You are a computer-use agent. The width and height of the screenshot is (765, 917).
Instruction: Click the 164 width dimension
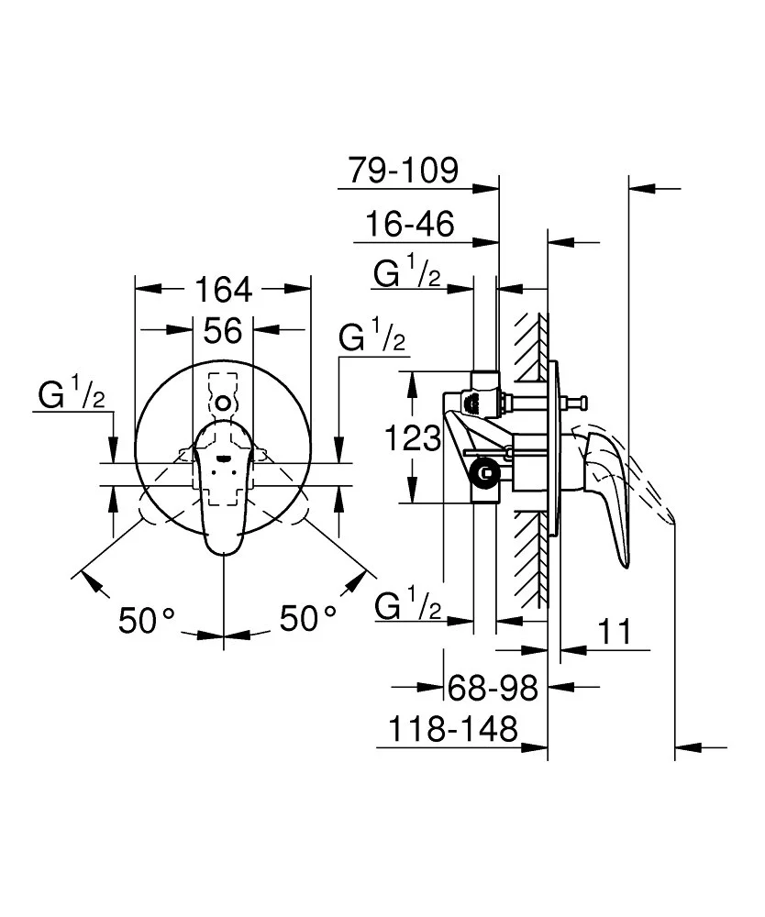tap(223, 290)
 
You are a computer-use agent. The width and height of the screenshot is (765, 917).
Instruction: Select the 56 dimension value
tap(223, 330)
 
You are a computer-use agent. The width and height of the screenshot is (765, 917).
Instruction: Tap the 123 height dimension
tap(413, 438)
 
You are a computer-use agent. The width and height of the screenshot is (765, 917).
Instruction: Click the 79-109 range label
tap(403, 170)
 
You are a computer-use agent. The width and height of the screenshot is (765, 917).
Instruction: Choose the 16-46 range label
tap(410, 223)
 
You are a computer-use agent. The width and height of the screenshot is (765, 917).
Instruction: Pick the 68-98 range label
tap(492, 685)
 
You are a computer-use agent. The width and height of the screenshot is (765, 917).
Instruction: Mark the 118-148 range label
tap(452, 730)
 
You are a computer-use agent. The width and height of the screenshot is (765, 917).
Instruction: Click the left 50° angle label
tap(146, 620)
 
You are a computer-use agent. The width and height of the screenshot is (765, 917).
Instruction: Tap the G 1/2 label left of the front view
tap(72, 396)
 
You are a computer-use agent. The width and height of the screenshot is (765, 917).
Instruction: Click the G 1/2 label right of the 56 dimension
tap(371, 338)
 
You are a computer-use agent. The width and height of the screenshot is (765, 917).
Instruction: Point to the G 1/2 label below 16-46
tap(408, 273)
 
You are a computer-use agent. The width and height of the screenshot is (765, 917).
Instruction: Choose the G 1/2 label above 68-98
tap(409, 606)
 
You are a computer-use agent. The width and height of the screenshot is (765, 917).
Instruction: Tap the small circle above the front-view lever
tap(223, 403)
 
